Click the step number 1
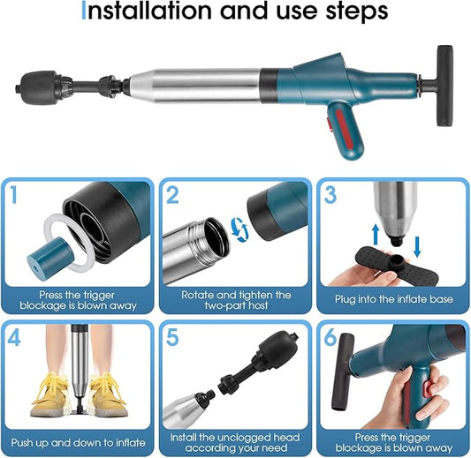coord(13,195)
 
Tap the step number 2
coord(172,195)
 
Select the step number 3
coord(330,195)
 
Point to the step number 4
coord(14,337)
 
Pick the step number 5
coord(172,337)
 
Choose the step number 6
coord(330,337)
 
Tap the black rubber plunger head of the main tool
coord(38,88)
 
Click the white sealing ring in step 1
coord(70,242)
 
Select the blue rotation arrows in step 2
coord(239,229)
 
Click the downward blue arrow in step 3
coord(417,247)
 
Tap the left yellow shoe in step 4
coord(50,394)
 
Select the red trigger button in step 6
coord(428,389)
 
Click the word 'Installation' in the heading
coord(147,11)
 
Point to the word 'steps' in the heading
coord(356,12)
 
